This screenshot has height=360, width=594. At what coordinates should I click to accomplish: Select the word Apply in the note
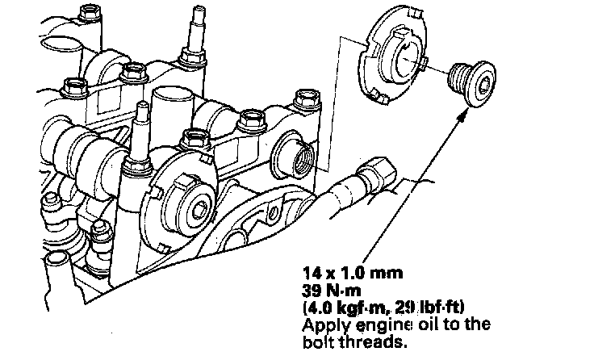(x=320, y=324)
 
